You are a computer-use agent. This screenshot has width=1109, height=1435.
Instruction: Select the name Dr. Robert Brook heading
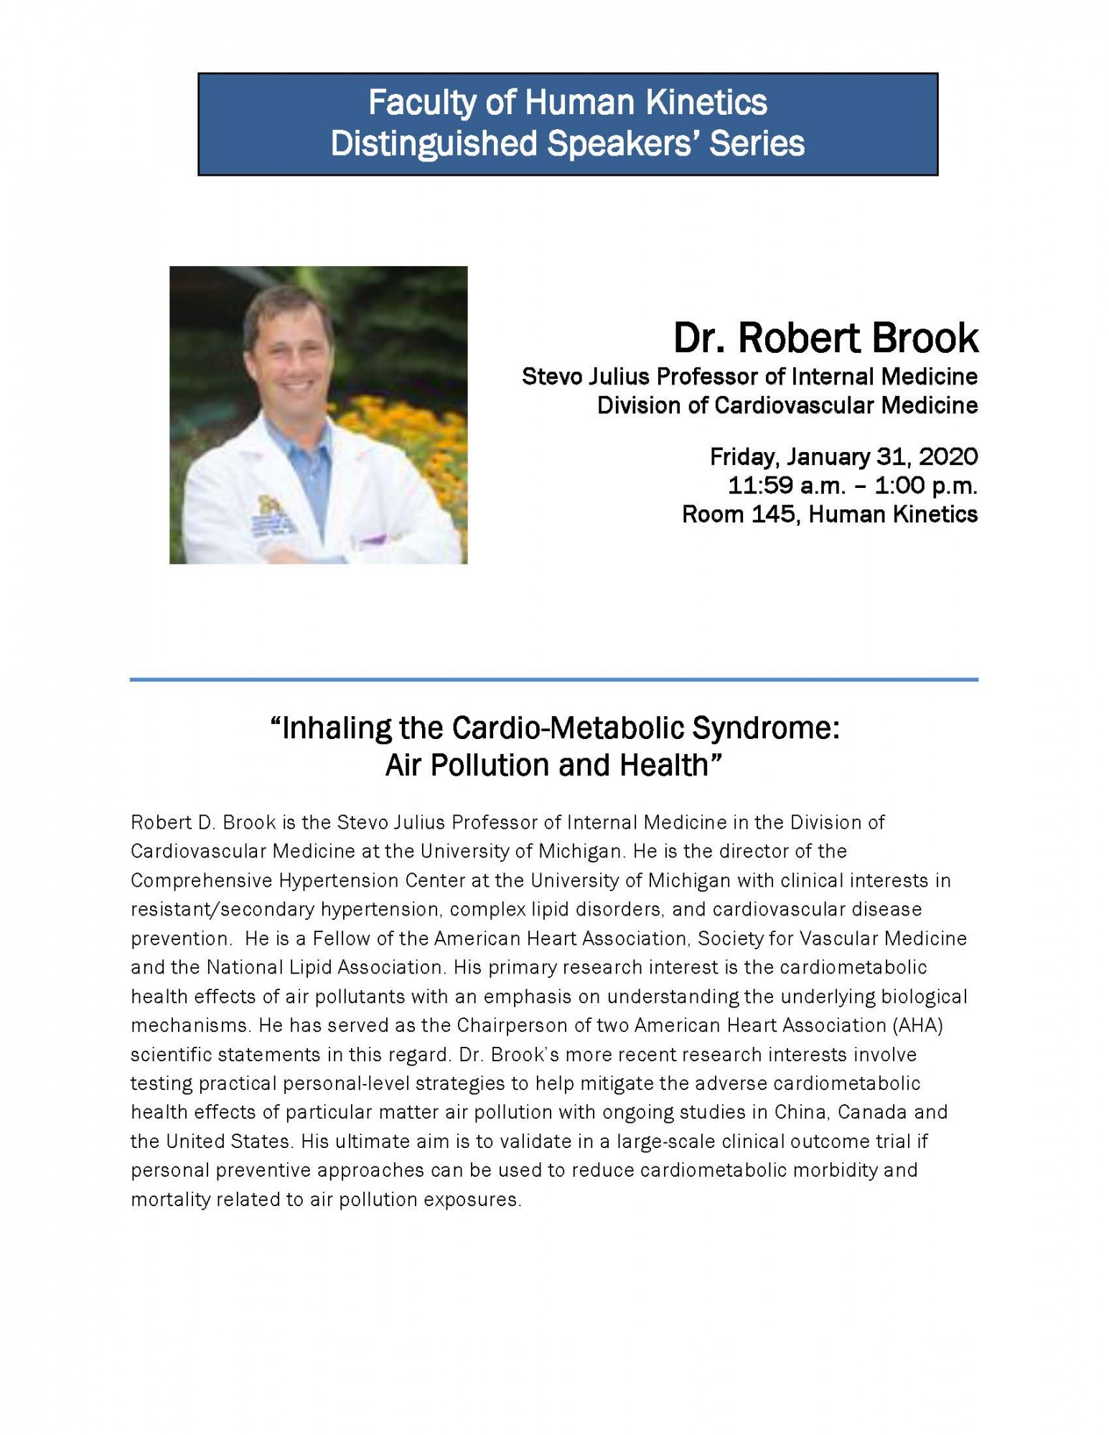[825, 338]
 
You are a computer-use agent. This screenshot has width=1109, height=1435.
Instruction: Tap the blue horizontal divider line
[553, 679]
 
